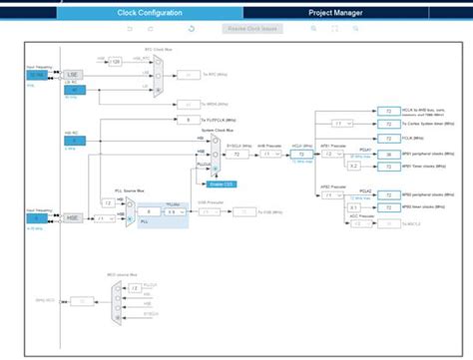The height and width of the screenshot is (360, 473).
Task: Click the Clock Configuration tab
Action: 149,13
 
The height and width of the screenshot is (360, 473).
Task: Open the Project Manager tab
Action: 335,13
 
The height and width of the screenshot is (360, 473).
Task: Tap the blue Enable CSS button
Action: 228,184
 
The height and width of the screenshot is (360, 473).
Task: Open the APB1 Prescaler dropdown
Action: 338,156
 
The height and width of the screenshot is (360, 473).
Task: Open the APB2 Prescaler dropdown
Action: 338,196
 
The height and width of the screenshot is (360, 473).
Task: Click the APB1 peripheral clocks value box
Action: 385,156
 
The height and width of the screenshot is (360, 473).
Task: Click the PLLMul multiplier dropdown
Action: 172,212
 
